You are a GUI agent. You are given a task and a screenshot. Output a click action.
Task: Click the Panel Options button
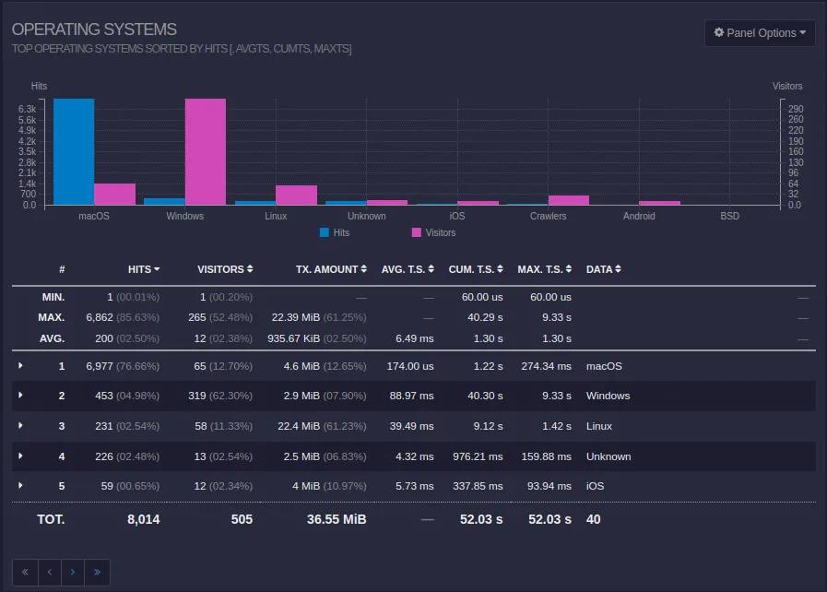760,33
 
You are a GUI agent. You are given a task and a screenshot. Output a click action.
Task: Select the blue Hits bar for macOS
74,151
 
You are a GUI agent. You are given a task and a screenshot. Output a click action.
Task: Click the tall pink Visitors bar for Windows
205,151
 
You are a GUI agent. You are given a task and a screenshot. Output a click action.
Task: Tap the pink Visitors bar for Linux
296,195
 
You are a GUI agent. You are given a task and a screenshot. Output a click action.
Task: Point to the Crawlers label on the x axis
548,216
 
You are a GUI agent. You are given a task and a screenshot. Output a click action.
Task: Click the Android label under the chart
638,216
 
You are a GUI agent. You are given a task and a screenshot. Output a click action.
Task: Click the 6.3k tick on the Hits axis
27,109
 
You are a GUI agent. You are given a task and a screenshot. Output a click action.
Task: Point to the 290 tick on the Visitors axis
795,109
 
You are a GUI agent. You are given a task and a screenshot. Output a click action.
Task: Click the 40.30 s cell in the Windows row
485,396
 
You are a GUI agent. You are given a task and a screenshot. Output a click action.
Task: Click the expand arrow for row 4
20,456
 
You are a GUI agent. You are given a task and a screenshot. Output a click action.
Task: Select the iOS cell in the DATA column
596,486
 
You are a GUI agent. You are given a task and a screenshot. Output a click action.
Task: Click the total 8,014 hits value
143,519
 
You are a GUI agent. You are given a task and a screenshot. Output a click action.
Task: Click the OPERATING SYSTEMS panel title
94,30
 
